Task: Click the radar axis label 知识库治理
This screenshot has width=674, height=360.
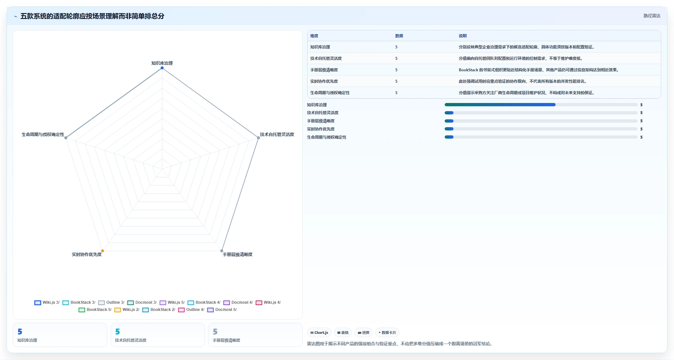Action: pyautogui.click(x=162, y=63)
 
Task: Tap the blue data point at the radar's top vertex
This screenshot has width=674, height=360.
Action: pyautogui.click(x=162, y=68)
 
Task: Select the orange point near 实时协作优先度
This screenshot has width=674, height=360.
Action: pyautogui.click(x=102, y=251)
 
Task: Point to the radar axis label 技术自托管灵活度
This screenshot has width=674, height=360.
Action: pyautogui.click(x=277, y=134)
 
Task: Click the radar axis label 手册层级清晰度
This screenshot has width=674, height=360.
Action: pyautogui.click(x=238, y=254)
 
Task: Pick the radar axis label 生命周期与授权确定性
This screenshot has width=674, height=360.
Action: pyautogui.click(x=43, y=134)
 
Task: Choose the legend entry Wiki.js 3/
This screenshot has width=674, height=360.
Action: pyautogui.click(x=47, y=302)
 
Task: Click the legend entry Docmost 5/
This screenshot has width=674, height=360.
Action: pyautogui.click(x=222, y=310)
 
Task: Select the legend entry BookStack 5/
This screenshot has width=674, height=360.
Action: pyautogui.click(x=95, y=310)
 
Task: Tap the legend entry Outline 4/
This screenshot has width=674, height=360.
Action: pyautogui.click(x=191, y=310)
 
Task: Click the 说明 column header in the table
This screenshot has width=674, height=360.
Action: pyautogui.click(x=463, y=36)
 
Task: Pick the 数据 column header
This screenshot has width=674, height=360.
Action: pyautogui.click(x=399, y=36)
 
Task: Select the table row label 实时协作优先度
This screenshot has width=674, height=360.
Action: pyautogui.click(x=324, y=81)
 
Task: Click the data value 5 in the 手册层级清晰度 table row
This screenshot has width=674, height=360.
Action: pyautogui.click(x=396, y=70)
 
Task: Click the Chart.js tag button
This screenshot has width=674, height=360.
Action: pyautogui.click(x=319, y=333)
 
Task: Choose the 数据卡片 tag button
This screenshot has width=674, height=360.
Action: pyautogui.click(x=387, y=333)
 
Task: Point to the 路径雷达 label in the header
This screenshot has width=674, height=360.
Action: pyautogui.click(x=652, y=16)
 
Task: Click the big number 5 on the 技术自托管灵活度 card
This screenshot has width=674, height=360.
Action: pyautogui.click(x=117, y=332)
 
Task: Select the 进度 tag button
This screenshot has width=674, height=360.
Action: pyautogui.click(x=364, y=333)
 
